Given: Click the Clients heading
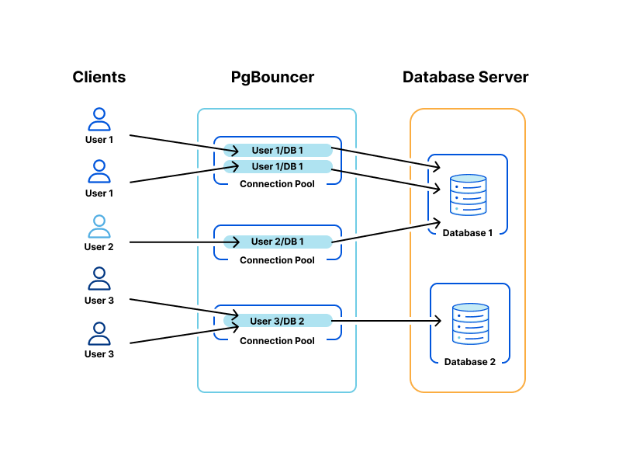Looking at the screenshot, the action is (x=99, y=77).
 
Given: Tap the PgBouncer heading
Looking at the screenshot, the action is (x=273, y=77).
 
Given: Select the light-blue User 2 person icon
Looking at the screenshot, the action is (x=99, y=227).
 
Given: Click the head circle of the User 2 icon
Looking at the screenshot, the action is (x=99, y=221).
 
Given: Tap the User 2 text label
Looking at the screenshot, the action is (x=99, y=247).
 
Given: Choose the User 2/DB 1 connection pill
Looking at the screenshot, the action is (x=278, y=242).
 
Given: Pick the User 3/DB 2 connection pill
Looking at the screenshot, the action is (x=278, y=321).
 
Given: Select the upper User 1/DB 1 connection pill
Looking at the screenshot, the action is (x=278, y=150).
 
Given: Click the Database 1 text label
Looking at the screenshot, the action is (x=468, y=233).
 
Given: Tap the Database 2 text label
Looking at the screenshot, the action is (x=470, y=362).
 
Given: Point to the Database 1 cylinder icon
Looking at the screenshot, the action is (x=468, y=195).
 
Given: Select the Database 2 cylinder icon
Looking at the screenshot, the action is (x=470, y=324).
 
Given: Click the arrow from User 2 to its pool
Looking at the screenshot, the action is (x=185, y=242).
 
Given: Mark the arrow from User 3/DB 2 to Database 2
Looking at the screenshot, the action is (x=386, y=321).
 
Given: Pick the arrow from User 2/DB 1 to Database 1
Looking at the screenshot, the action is (x=386, y=232).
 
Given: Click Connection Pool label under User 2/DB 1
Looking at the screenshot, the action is (x=277, y=260).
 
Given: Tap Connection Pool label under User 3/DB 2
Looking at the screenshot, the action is (x=277, y=341).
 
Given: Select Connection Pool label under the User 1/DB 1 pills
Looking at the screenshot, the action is (x=277, y=184).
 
